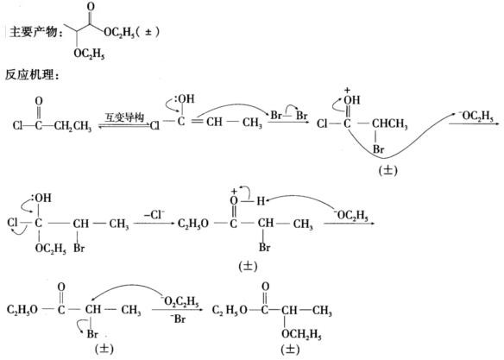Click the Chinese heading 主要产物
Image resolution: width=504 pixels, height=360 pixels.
[x=34, y=32]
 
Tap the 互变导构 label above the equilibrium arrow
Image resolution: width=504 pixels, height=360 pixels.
[x=125, y=117]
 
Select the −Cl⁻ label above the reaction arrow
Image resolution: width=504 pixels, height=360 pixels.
[x=154, y=215]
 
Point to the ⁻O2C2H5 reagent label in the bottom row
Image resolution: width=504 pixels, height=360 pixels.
[x=180, y=301]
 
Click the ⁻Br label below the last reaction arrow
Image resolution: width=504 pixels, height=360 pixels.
[x=178, y=319]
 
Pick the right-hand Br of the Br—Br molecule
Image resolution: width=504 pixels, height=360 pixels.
[x=301, y=115]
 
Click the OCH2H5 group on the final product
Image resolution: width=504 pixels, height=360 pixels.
[x=301, y=335]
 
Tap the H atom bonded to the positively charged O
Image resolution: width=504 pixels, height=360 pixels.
[x=261, y=201]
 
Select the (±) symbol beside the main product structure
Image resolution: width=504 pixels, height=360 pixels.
[x=148, y=32]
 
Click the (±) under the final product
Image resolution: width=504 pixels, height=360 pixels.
[x=290, y=350]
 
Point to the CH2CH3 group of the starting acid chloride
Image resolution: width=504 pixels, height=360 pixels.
[x=73, y=126]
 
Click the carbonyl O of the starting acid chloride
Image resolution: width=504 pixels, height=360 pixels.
[x=39, y=101]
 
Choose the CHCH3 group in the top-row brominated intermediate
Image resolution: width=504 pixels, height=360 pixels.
[x=389, y=123]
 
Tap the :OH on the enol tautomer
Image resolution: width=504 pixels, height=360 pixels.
[x=185, y=98]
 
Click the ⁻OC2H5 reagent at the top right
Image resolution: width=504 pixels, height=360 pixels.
[x=476, y=117]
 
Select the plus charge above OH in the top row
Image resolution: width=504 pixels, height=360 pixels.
[x=347, y=91]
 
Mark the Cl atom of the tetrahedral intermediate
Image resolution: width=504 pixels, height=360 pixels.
[x=12, y=222]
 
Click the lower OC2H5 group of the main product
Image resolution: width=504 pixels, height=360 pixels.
[x=89, y=54]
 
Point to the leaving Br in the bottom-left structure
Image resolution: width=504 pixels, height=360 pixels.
[x=92, y=333]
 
